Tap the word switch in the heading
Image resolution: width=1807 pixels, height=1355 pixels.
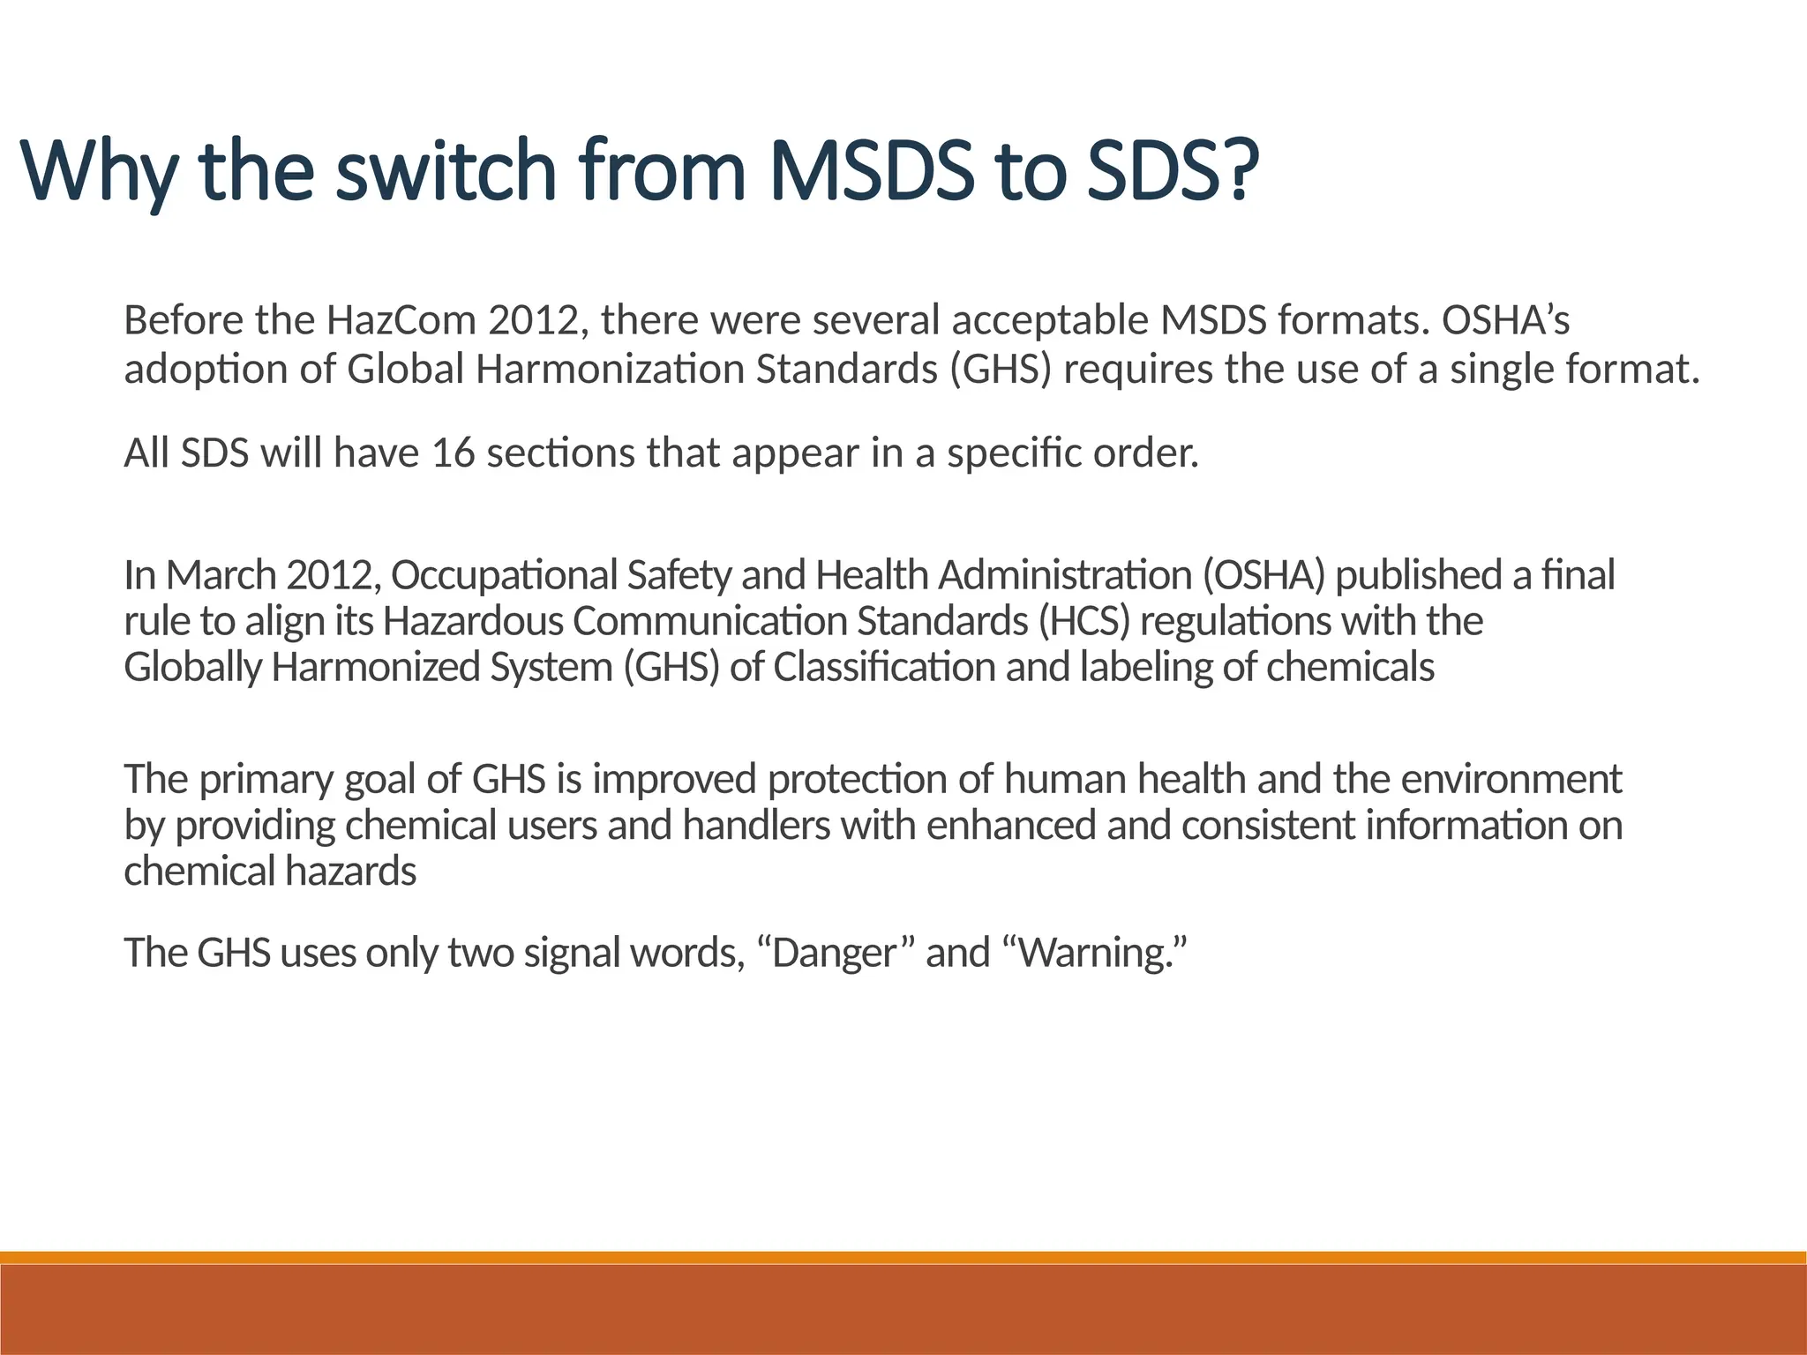pyautogui.click(x=446, y=169)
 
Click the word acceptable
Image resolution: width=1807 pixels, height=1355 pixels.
pyautogui.click(x=1050, y=320)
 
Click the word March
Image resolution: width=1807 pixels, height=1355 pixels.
pyautogui.click(x=221, y=575)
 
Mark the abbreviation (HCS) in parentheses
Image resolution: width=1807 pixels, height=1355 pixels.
pyautogui.click(x=1083, y=621)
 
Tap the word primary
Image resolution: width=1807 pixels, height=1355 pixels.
pyautogui.click(x=266, y=780)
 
